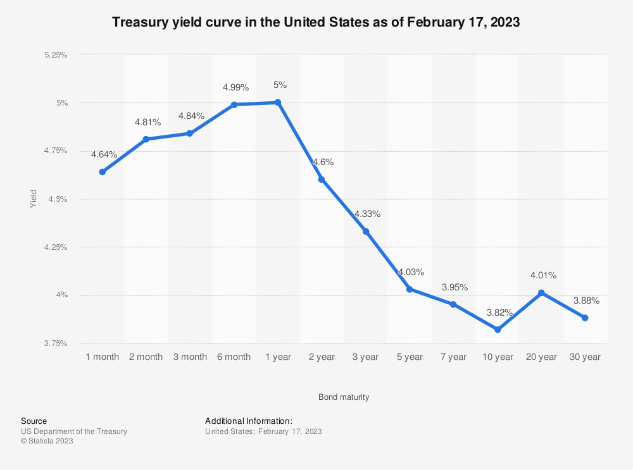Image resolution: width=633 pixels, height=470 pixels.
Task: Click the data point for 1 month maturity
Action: coord(103,172)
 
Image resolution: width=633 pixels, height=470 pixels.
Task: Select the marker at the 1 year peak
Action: coord(278,102)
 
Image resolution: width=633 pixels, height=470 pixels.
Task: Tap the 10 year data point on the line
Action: coord(498,330)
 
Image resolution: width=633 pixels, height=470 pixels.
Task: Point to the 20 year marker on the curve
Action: coord(541,293)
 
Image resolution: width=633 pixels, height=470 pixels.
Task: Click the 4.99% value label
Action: coord(235,87)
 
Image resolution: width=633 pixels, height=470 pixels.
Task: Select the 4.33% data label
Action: coord(367,214)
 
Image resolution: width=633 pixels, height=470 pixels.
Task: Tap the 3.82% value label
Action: coord(499,312)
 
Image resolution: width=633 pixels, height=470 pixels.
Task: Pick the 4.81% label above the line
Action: coord(147,122)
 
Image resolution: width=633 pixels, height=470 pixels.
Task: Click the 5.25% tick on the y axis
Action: coord(56,55)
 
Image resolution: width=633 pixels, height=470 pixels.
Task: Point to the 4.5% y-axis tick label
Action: coord(58,199)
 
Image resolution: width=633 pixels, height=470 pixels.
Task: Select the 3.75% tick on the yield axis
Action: coord(56,343)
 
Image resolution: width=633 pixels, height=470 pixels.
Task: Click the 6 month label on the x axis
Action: coord(234,357)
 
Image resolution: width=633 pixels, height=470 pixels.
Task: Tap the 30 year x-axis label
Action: coord(586,357)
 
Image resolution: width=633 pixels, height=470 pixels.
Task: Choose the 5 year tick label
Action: coord(410,357)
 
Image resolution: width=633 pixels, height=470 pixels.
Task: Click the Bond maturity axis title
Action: coord(344,397)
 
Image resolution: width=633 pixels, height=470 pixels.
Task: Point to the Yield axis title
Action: coord(34,199)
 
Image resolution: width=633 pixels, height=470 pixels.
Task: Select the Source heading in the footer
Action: coord(34,421)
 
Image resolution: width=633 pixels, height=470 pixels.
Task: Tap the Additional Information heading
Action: coord(249,421)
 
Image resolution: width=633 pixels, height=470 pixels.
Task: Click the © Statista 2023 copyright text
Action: coord(47,441)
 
